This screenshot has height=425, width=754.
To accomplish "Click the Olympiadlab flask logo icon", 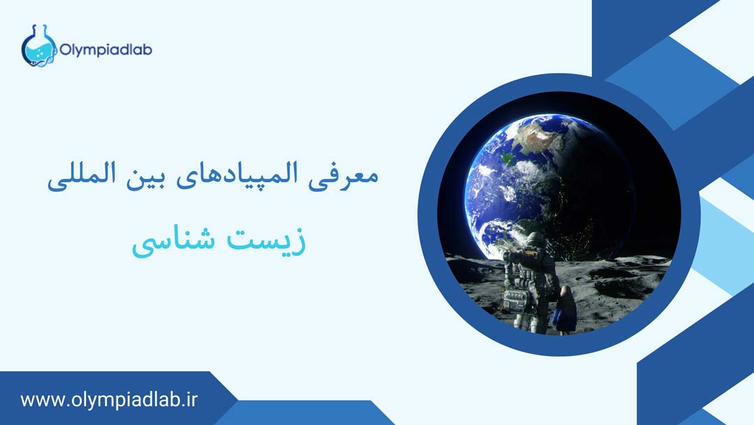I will point(38,47).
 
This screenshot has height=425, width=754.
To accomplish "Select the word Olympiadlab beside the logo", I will point(105,50).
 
